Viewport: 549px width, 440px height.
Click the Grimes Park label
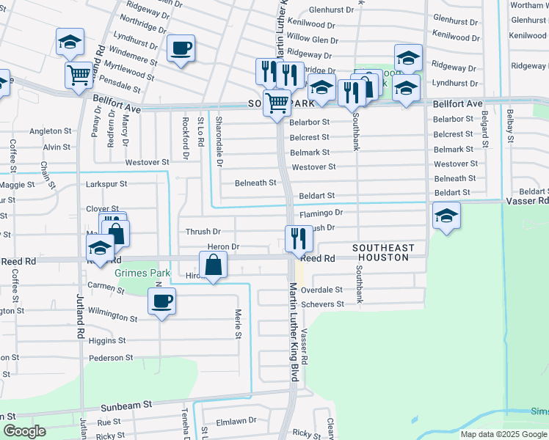coord(142,274)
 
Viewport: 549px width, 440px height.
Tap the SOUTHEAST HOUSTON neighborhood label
coord(384,253)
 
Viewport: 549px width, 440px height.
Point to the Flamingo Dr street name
coord(321,213)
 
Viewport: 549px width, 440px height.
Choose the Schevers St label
coord(321,304)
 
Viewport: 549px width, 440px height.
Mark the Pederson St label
coord(110,358)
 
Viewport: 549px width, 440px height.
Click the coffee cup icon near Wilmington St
coord(161,300)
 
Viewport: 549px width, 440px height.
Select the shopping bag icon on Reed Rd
coord(213,265)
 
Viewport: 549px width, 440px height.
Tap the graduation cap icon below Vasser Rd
coord(446,216)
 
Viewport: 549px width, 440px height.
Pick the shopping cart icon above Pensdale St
coord(79,73)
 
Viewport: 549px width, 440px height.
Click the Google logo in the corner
coord(24,431)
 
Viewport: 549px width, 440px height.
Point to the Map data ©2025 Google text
coord(503,434)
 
